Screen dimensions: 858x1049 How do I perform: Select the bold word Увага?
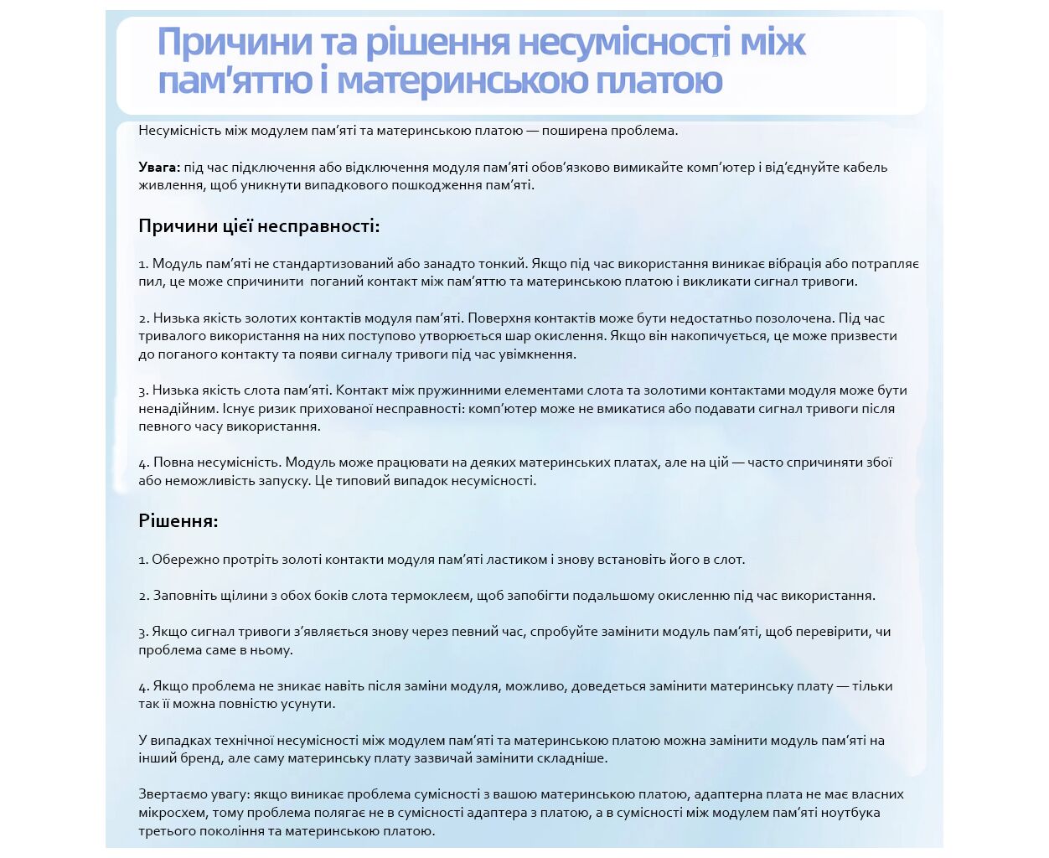tap(159, 167)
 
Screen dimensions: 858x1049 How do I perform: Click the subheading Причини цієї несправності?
tap(259, 226)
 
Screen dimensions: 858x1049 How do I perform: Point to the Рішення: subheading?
tap(178, 521)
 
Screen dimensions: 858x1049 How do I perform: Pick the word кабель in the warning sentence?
tap(862, 167)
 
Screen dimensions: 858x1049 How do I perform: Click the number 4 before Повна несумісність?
tap(143, 462)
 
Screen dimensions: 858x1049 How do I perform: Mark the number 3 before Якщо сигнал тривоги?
tap(143, 632)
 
